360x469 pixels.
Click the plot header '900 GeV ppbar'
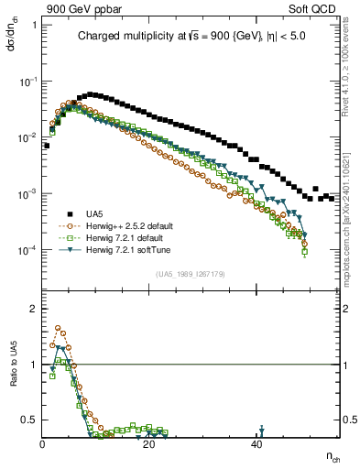[80, 8]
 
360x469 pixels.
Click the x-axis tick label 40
[257, 444]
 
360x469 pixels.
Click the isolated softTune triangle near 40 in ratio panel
[262, 430]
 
